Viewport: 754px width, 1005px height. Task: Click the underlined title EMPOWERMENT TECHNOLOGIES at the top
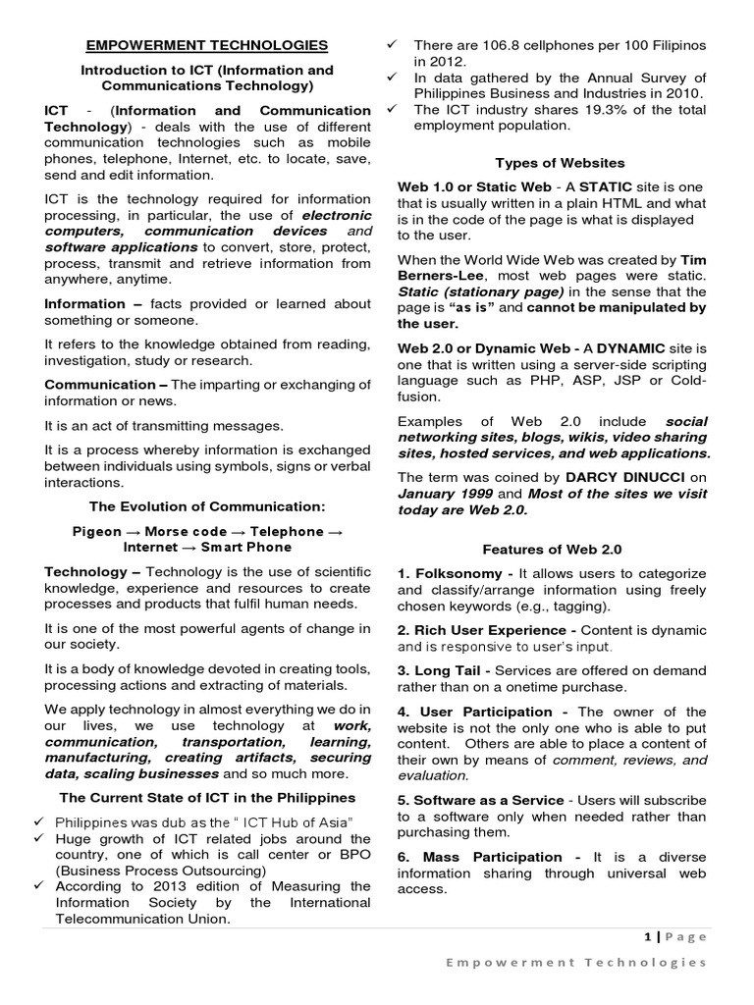(x=207, y=45)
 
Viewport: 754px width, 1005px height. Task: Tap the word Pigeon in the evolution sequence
(x=98, y=531)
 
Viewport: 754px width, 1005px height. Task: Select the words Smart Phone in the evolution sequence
(x=246, y=547)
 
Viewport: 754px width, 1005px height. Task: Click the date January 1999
(x=442, y=494)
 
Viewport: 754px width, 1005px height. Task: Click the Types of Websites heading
(x=560, y=163)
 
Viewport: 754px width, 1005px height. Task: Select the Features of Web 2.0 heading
(x=552, y=550)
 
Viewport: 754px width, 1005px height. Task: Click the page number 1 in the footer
(x=646, y=936)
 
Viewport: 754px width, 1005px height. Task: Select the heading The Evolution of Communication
(x=207, y=506)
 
